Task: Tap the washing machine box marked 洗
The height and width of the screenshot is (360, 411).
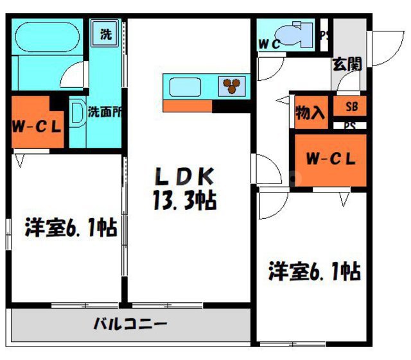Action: click(x=104, y=34)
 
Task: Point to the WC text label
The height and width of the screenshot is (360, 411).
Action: click(x=268, y=44)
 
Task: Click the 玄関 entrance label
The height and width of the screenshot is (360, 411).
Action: click(x=347, y=64)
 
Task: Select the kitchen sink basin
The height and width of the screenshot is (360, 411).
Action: click(x=186, y=85)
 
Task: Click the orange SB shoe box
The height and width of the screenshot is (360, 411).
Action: click(x=351, y=107)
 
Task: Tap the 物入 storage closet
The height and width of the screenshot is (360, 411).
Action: click(x=310, y=114)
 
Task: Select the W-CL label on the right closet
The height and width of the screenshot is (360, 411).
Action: click(x=330, y=159)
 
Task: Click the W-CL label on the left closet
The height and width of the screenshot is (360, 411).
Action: click(x=37, y=125)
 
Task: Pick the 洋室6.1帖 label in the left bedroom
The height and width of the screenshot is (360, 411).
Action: click(x=71, y=228)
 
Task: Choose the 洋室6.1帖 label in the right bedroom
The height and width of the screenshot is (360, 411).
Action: click(x=314, y=271)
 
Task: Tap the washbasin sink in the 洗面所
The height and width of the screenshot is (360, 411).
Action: click(x=76, y=115)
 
